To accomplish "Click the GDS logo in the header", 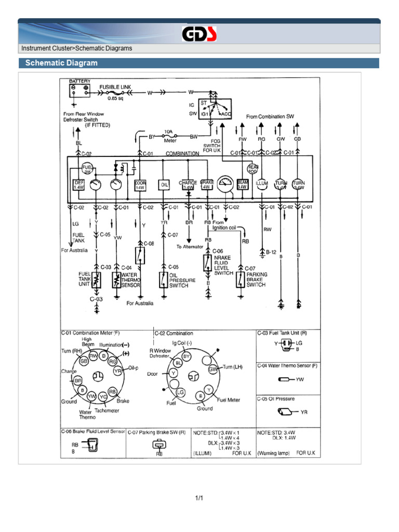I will [x=199, y=34].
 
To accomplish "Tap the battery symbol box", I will [x=79, y=90].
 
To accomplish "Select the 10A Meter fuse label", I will [x=169, y=136].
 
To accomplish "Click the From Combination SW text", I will [x=270, y=117].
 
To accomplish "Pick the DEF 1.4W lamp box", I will [x=78, y=185].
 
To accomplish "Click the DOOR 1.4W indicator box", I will [x=140, y=185].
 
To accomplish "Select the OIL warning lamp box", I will [x=164, y=185].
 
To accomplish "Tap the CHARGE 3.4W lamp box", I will [x=188, y=185].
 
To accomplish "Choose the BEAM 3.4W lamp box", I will [x=242, y=185].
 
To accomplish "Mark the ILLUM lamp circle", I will [x=262, y=184].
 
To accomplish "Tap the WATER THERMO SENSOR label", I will [x=130, y=280].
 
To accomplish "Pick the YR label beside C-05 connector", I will [x=304, y=412].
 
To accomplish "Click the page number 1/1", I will [x=199, y=498].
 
